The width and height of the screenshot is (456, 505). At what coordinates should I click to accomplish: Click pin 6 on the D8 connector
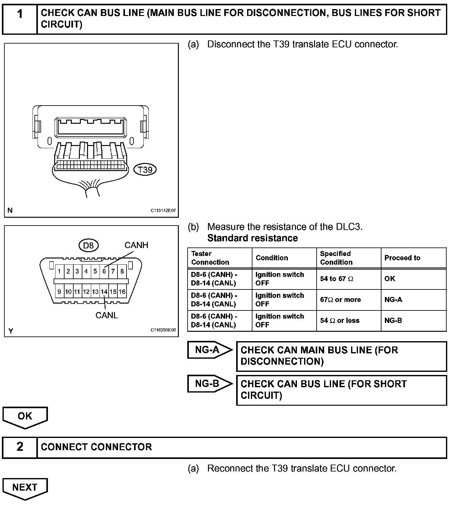click(x=104, y=271)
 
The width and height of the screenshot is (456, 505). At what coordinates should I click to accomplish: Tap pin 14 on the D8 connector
click(x=104, y=292)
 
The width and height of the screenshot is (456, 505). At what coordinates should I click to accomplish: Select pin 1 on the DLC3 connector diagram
click(x=59, y=271)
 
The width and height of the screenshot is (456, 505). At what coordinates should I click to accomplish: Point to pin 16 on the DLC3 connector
click(x=122, y=292)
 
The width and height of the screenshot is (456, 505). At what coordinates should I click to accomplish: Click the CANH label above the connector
click(x=136, y=245)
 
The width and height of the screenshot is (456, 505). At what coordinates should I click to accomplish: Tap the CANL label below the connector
click(x=106, y=315)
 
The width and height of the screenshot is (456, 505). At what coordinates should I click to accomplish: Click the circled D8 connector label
click(x=88, y=245)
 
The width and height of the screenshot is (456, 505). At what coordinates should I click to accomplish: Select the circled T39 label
click(x=145, y=170)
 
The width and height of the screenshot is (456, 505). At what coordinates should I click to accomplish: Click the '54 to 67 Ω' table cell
click(x=336, y=279)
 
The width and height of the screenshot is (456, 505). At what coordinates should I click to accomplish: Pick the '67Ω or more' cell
click(x=340, y=300)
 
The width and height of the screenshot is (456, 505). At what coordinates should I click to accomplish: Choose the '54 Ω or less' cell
click(x=339, y=321)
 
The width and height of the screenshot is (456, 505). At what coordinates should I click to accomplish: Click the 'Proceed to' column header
click(x=402, y=258)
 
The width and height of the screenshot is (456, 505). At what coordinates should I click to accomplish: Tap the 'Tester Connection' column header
click(x=210, y=258)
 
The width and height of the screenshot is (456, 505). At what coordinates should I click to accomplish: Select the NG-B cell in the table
click(x=393, y=321)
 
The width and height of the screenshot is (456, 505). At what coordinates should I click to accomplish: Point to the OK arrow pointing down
click(x=25, y=417)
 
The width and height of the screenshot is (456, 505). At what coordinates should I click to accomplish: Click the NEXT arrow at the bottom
click(x=25, y=488)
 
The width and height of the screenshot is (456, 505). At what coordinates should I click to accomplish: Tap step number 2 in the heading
click(x=20, y=447)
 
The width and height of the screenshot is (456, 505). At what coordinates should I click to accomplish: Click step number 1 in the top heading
click(x=20, y=14)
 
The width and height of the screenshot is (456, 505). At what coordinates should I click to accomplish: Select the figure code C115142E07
click(x=163, y=211)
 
